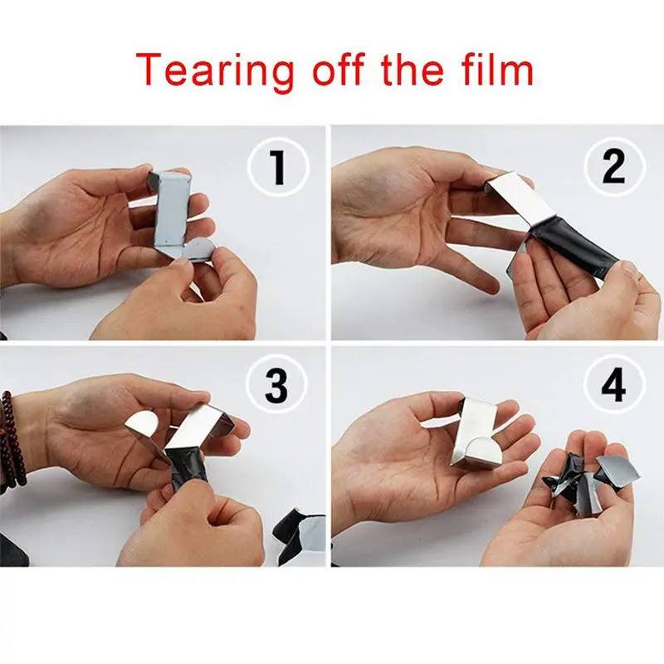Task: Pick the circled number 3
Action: pos(278,385)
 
